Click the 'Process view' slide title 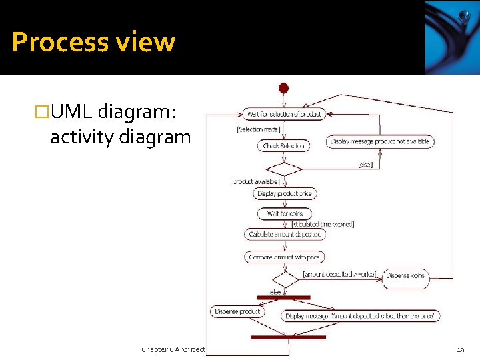(93, 42)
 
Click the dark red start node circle (283, 88)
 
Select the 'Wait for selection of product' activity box (283, 114)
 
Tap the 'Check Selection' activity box (283, 146)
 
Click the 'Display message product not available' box (380, 141)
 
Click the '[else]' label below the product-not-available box (365, 163)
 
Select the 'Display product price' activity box (285, 194)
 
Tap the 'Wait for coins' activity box (285, 214)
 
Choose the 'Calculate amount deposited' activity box (285, 235)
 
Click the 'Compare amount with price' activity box (285, 257)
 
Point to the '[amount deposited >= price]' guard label (339, 274)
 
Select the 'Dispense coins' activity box (405, 276)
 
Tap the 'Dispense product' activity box (237, 311)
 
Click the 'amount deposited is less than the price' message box (361, 316)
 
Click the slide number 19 (460, 349)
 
